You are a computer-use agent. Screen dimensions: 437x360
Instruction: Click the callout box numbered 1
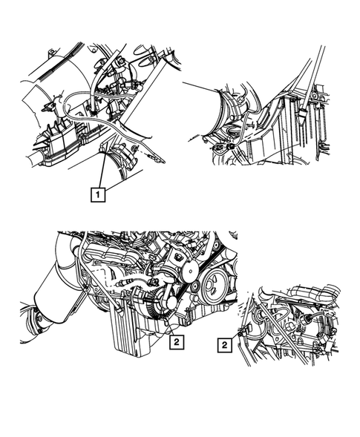point(96,195)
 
